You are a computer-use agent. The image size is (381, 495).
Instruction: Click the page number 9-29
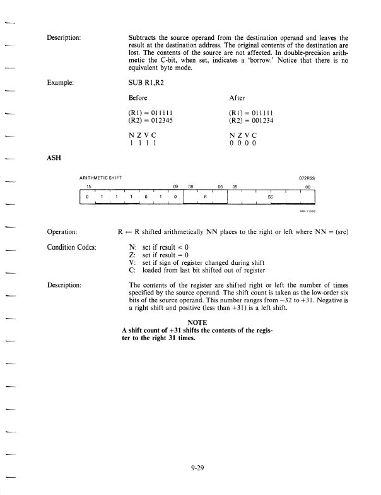199,468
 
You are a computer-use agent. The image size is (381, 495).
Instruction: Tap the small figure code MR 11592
307,211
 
